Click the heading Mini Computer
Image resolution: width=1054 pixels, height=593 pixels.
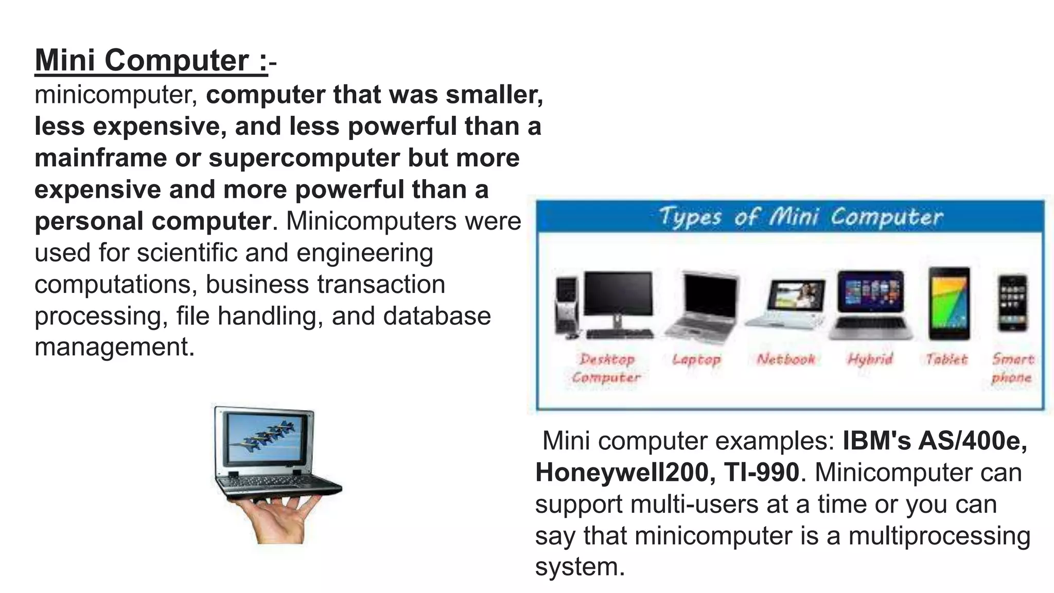pos(151,60)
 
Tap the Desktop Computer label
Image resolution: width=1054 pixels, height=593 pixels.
pos(606,368)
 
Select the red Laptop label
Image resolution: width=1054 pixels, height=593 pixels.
pos(696,359)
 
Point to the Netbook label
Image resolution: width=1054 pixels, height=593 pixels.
pos(785,359)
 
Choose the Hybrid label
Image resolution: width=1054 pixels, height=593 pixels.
pos(870,359)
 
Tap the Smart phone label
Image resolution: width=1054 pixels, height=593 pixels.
pos(1012,368)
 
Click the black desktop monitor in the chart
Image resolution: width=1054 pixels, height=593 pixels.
pos(618,294)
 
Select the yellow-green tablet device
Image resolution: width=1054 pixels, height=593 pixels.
pos(949,303)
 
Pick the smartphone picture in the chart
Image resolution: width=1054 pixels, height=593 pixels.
pos(1012,303)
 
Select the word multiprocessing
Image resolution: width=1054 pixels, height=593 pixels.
pos(939,535)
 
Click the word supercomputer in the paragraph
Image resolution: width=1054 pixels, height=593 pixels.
pos(304,158)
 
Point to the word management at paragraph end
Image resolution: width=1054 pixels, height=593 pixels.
pos(114,347)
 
